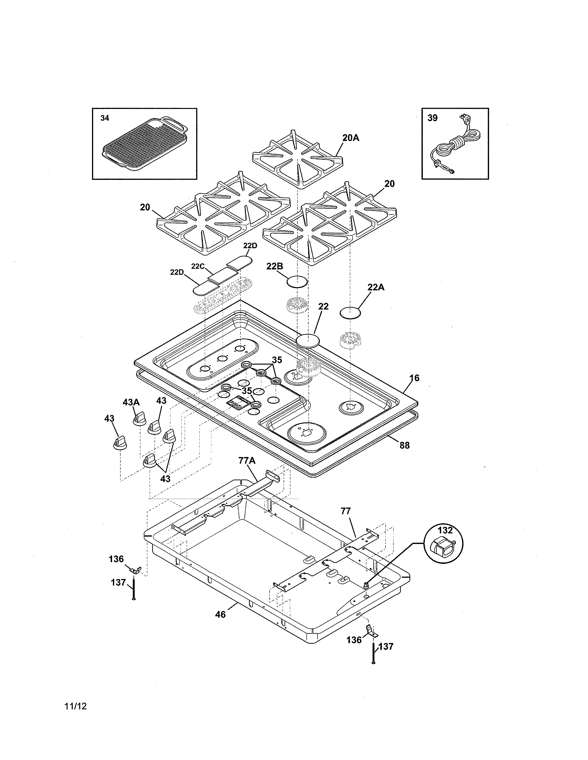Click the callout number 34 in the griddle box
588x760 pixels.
104,118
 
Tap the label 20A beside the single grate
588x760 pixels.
350,138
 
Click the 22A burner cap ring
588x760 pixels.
350,313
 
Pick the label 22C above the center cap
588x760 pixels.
198,266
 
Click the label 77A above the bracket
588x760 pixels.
247,461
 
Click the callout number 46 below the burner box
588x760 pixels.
220,614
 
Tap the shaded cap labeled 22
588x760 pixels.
307,340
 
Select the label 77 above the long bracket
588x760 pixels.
346,511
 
